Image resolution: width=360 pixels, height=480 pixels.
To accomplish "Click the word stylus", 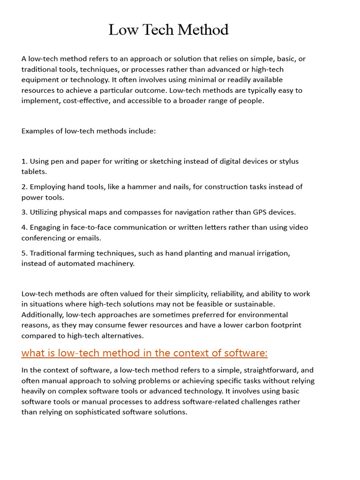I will pyautogui.click(x=288, y=161).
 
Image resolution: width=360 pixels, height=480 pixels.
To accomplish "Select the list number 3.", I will pyautogui.click(x=24, y=212).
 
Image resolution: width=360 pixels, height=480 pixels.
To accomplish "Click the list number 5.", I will pyautogui.click(x=24, y=253).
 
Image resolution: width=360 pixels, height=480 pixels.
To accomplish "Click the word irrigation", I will pyautogui.click(x=271, y=253).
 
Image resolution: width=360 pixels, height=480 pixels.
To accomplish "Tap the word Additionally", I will pyautogui.click(x=43, y=315).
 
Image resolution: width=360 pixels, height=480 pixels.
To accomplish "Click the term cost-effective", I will pyautogui.click(x=83, y=100).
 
